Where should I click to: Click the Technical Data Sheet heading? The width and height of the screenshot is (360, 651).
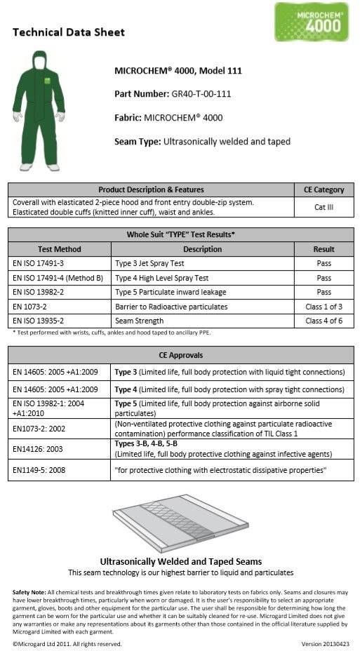click(x=69, y=32)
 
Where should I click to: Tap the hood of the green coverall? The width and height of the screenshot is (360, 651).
click(x=39, y=62)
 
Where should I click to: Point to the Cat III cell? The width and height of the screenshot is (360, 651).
click(x=324, y=208)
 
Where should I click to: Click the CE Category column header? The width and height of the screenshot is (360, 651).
click(x=324, y=189)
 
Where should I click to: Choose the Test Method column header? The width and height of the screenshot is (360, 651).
click(x=59, y=249)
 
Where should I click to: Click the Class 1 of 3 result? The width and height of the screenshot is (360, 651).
click(x=324, y=307)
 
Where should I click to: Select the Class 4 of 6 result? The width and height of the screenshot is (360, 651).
click(x=324, y=321)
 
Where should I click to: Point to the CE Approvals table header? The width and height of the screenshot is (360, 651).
click(x=182, y=355)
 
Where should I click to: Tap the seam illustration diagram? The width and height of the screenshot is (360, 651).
click(x=180, y=523)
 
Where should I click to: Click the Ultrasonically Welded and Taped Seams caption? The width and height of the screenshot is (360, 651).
click(x=180, y=561)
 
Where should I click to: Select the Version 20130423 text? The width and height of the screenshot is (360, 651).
click(x=325, y=643)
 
